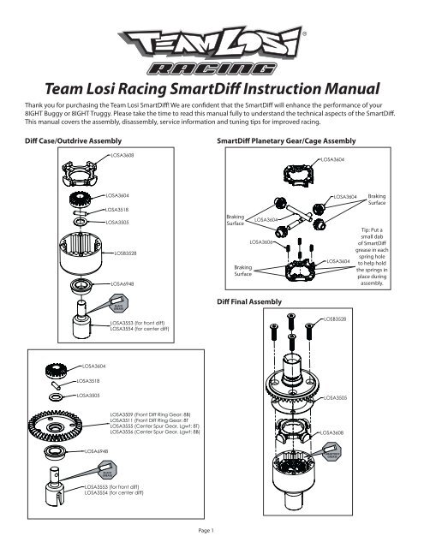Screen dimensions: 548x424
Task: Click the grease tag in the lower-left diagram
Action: pos(109,473)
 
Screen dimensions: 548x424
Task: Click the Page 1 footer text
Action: pos(211,530)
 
